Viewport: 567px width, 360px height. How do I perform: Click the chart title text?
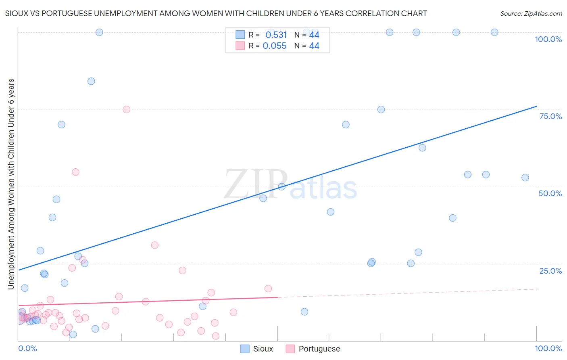click(216, 13)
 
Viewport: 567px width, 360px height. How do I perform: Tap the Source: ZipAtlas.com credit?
click(531, 13)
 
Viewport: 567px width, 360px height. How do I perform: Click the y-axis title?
click(11, 184)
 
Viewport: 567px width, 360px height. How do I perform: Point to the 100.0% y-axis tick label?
click(548, 39)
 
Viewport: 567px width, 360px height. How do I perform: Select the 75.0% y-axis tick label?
click(550, 116)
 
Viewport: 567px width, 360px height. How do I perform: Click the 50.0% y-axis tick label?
click(550, 193)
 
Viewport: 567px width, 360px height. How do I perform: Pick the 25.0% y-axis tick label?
click(550, 270)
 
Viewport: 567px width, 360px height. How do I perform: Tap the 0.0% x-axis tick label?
click(27, 348)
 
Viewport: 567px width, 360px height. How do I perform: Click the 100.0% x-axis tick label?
click(548, 348)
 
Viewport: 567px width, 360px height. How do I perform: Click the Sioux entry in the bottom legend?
click(257, 349)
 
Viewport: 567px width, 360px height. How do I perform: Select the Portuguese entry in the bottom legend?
click(313, 349)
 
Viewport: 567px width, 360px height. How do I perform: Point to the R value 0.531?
click(276, 35)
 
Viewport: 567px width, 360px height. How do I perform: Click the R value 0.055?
click(275, 46)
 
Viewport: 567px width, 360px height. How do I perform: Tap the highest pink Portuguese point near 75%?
click(126, 109)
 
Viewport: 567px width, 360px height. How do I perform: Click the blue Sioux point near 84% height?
click(91, 81)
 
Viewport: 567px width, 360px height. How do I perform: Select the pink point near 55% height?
click(75, 172)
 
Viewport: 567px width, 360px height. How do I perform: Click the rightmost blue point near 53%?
click(525, 178)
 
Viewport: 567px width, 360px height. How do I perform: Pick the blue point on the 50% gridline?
click(282, 186)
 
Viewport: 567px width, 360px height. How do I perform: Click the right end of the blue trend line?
click(536, 106)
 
